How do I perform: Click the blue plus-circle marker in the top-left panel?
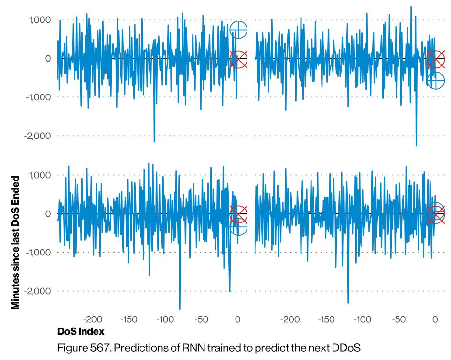pyautogui.click(x=238, y=30)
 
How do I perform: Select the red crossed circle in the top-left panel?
pyautogui.click(x=238, y=60)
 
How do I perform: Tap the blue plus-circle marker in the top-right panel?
pyautogui.click(x=436, y=81)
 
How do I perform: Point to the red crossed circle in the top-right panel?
pyautogui.click(x=436, y=60)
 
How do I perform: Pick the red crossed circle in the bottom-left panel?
pyautogui.click(x=238, y=214)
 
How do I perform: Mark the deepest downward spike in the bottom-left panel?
pyautogui.click(x=180, y=308)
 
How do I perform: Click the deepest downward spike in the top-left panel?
pyautogui.click(x=154, y=140)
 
